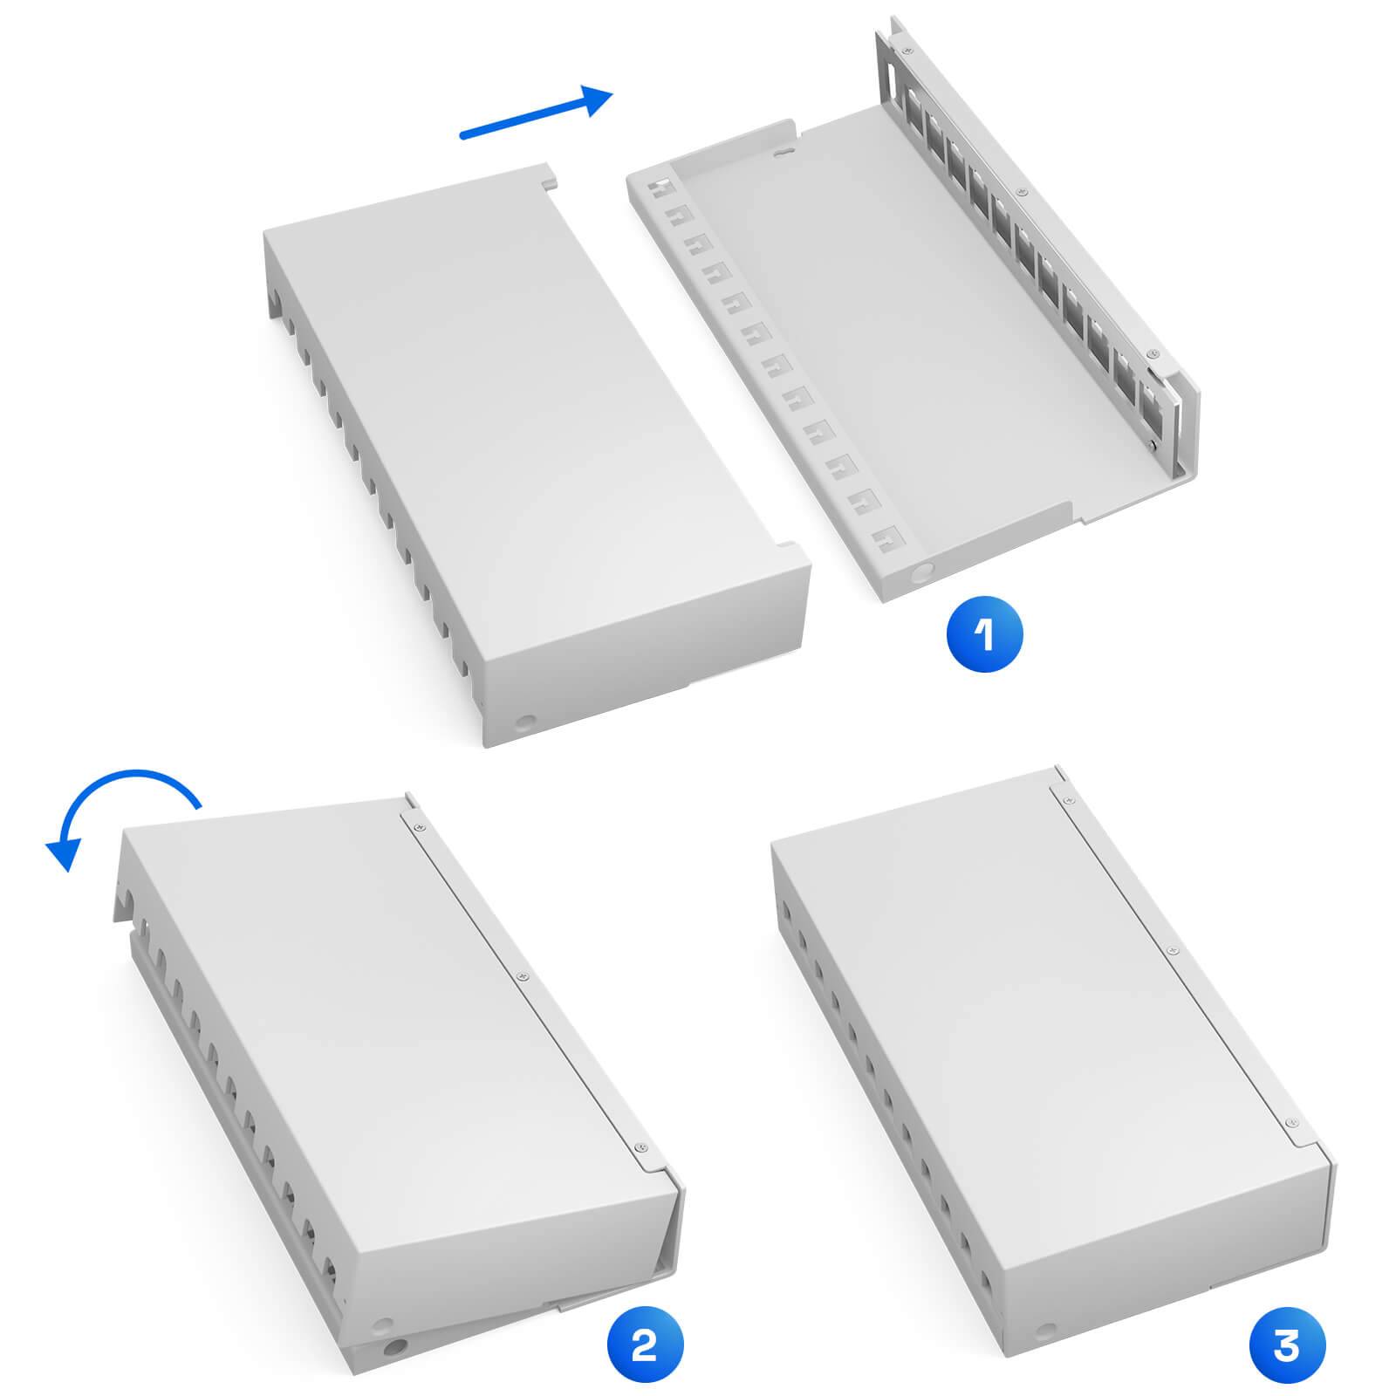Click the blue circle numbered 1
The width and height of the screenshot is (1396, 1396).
(x=984, y=634)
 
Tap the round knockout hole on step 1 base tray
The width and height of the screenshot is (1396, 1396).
(x=920, y=573)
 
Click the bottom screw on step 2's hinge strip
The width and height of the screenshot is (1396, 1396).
(x=642, y=1148)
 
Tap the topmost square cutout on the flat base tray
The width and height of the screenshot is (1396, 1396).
(x=660, y=186)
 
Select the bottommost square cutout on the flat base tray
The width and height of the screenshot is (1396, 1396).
(x=890, y=534)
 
